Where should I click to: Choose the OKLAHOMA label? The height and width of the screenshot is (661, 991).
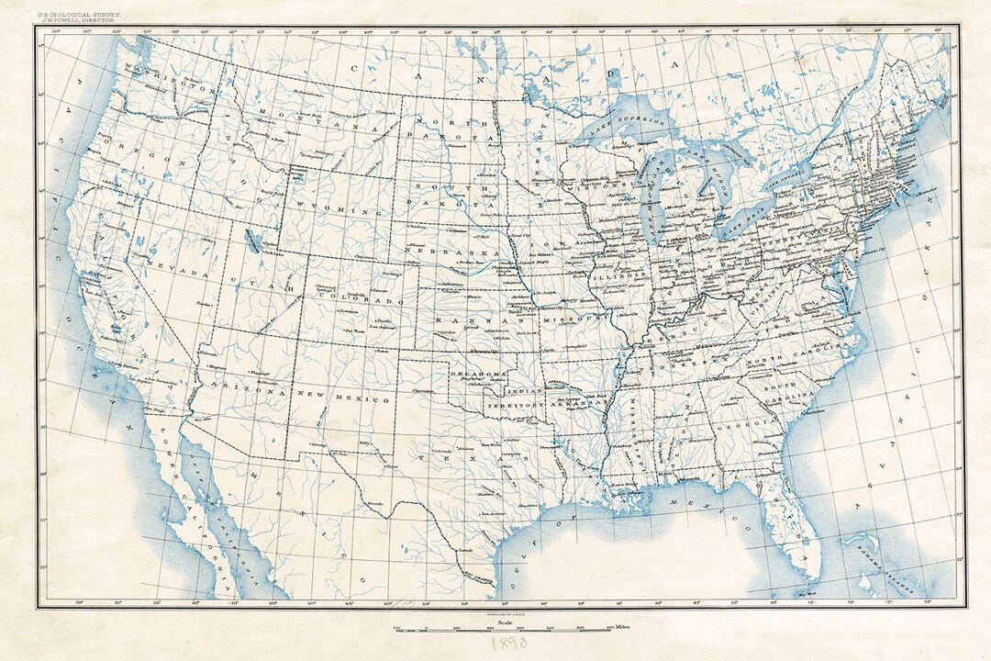tap(478, 375)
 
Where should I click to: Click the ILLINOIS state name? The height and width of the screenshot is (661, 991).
tap(612, 272)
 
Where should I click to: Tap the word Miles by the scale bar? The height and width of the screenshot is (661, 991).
tap(628, 629)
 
